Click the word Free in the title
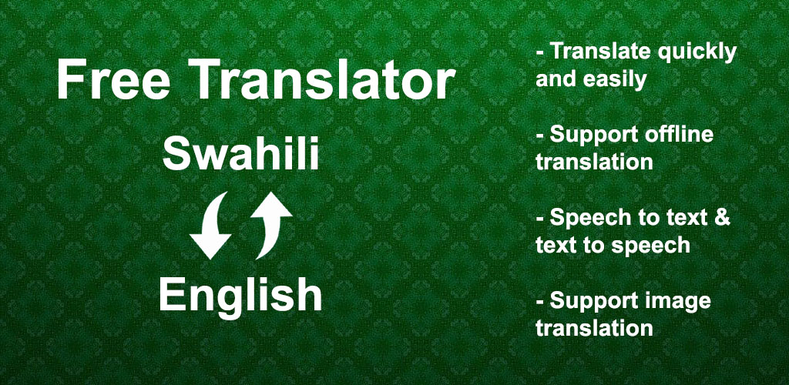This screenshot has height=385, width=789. point(113,80)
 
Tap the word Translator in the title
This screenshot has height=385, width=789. point(324,80)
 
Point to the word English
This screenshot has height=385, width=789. point(240,296)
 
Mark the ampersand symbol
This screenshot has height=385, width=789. point(721,218)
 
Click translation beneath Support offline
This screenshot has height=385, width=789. point(594,162)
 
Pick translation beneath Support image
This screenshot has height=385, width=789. point(594,328)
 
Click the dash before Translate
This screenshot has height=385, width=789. point(540,53)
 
